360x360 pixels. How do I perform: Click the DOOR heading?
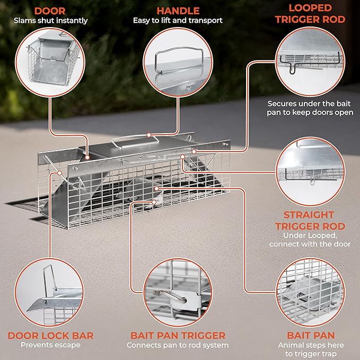click(51, 10)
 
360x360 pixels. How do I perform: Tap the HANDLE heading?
click(178, 10)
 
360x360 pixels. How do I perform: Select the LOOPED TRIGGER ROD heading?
click(311, 14)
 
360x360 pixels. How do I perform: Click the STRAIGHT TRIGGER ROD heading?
click(309, 221)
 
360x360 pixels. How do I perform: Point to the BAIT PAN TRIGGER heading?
click(178, 335)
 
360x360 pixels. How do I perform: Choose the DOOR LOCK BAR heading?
click(51, 335)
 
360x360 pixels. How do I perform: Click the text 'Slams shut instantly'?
click(51, 21)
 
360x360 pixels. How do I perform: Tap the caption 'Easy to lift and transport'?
click(178, 21)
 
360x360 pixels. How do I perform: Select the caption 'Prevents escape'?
click(51, 345)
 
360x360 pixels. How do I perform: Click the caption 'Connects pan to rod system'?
click(178, 345)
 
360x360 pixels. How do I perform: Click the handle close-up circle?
click(178, 63)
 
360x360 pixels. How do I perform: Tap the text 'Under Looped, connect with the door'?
click(309, 240)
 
